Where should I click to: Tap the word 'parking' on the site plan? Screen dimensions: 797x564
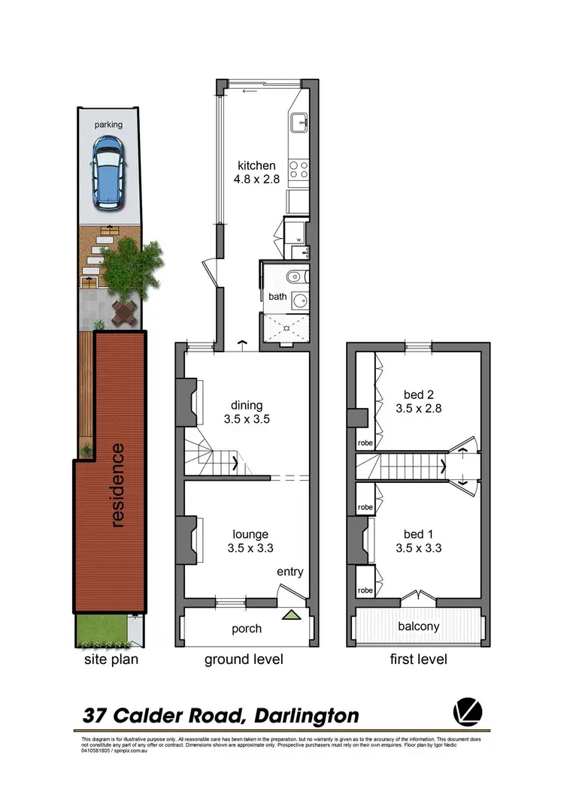pos(109,125)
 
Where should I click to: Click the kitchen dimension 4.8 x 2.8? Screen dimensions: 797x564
pos(256,180)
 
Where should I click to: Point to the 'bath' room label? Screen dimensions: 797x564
pos(278,297)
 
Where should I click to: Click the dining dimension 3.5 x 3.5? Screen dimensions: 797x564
pos(246,420)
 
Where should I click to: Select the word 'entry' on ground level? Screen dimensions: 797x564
pos(290,572)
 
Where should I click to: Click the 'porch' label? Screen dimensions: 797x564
pos(247,629)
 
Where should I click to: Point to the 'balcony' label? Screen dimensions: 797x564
pos(418,626)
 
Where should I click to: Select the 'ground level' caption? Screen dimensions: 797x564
pos(244,660)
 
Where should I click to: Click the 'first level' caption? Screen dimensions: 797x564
pos(418,660)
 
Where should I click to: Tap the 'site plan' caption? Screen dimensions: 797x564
pos(111,660)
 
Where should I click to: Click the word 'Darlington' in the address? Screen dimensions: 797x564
pos(307,716)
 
